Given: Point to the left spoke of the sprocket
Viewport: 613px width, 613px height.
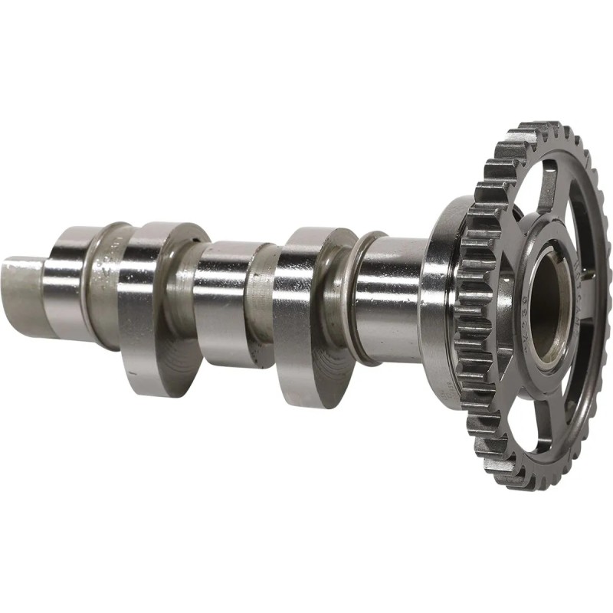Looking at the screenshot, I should click(502, 306).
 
